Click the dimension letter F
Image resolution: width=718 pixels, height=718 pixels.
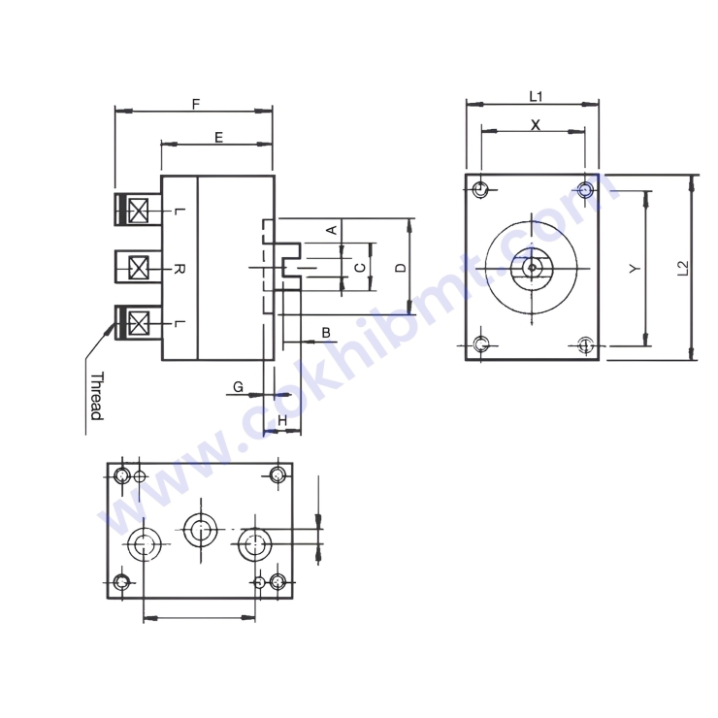pyautogui.click(x=196, y=103)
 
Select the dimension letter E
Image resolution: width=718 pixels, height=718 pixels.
pyautogui.click(x=218, y=138)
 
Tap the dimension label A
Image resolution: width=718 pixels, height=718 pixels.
pyautogui.click(x=330, y=230)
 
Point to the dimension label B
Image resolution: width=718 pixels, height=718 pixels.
pyautogui.click(x=326, y=333)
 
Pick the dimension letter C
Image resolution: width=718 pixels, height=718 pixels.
pyautogui.click(x=359, y=267)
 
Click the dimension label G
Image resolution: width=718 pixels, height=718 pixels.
pyautogui.click(x=238, y=387)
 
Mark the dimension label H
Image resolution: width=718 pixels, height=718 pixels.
pyautogui.click(x=282, y=419)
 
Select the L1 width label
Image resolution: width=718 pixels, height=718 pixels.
pyautogui.click(x=535, y=95)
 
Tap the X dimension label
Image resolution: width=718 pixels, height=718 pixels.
pyautogui.click(x=535, y=124)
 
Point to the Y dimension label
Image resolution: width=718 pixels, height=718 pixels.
pyautogui.click(x=633, y=269)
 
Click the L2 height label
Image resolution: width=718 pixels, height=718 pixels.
pyautogui.click(x=683, y=269)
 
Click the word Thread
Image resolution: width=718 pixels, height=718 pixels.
pyautogui.click(x=96, y=396)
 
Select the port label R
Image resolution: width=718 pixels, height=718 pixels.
pyautogui.click(x=179, y=267)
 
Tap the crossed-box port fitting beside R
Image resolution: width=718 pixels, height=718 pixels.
pyautogui.click(x=139, y=267)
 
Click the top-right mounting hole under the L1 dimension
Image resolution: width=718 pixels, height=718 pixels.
pyautogui.click(x=585, y=188)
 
